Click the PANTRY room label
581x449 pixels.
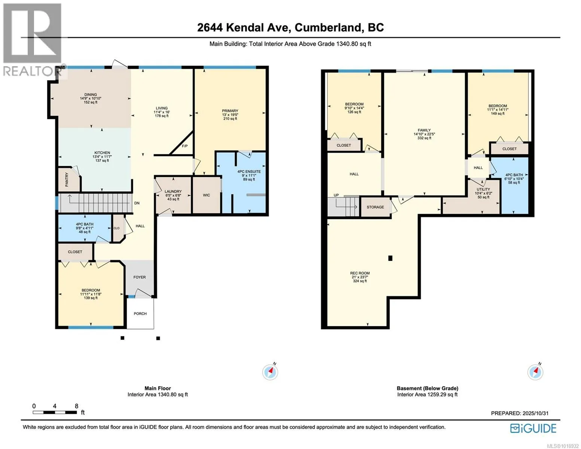click(x=67, y=180)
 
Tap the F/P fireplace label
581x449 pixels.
click(x=185, y=146)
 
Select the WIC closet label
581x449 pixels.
click(x=207, y=195)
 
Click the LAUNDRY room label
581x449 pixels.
click(x=173, y=192)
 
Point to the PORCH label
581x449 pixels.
click(x=140, y=314)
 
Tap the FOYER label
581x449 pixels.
click(x=140, y=277)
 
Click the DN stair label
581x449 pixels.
click(x=137, y=203)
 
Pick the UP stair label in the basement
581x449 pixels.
click(x=336, y=195)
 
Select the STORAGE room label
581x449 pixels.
click(x=375, y=207)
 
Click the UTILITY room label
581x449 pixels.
click(x=483, y=189)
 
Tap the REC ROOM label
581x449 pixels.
click(x=360, y=273)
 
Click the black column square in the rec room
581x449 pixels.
click(x=390, y=258)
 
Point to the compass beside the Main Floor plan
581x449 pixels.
click(x=270, y=372)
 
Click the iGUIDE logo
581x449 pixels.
click(x=533, y=428)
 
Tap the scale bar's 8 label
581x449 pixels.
click(x=76, y=406)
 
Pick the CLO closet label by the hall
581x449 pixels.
click(x=117, y=228)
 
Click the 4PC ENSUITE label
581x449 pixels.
click(x=249, y=172)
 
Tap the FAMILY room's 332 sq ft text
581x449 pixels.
click(x=424, y=138)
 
